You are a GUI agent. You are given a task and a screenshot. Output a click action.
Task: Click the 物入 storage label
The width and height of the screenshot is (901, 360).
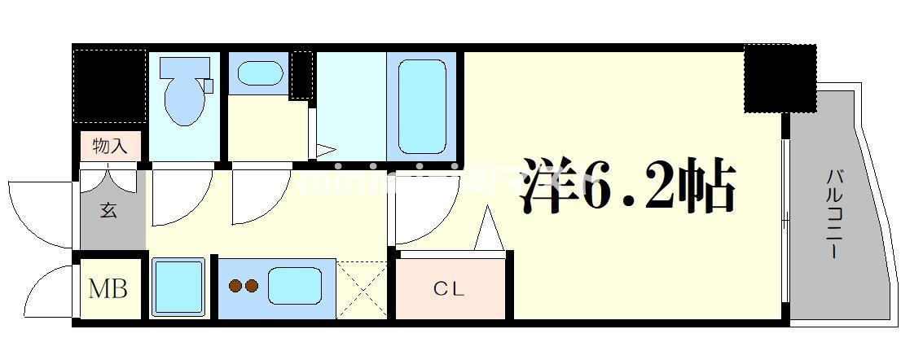pyautogui.click(x=110, y=147)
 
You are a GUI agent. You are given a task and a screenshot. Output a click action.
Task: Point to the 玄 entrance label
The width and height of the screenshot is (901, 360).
pyautogui.click(x=109, y=210)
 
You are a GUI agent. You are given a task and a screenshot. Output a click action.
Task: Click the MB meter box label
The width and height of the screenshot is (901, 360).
pyautogui.click(x=108, y=288)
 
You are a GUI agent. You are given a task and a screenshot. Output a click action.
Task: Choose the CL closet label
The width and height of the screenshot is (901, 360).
pyautogui.click(x=448, y=288)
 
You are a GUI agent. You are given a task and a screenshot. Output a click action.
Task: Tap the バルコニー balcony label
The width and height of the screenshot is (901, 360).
pyautogui.click(x=834, y=214)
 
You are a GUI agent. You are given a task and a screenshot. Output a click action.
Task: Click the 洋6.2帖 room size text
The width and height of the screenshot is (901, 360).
pyautogui.click(x=627, y=185)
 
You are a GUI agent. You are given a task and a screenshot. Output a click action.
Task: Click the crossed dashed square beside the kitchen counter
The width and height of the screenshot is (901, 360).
pyautogui.click(x=363, y=288)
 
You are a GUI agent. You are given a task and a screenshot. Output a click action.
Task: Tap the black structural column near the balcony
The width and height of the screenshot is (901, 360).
pyautogui.click(x=779, y=78)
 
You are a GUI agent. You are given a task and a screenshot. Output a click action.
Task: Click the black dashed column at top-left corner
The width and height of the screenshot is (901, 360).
pyautogui.click(x=109, y=86)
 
